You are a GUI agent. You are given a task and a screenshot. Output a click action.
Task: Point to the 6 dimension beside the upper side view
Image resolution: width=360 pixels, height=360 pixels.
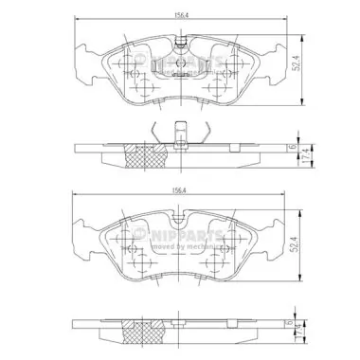click(x=294, y=148)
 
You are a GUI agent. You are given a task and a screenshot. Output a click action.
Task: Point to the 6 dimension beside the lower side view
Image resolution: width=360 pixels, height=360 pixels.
click(x=294, y=325)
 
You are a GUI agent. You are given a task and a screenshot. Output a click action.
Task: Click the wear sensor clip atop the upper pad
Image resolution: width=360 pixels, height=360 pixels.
click(x=180, y=44)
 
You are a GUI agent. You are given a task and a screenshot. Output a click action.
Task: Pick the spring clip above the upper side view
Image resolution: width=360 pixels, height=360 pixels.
click(x=179, y=134)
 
